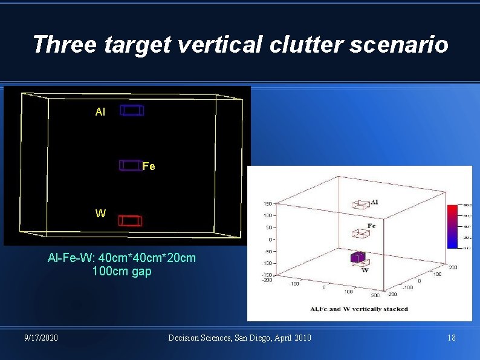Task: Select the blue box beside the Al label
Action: tap(132, 110)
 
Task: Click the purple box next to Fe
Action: tap(130, 165)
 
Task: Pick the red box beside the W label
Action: tap(129, 220)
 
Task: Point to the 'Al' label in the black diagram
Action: tap(100, 112)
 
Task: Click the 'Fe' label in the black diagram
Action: tap(149, 166)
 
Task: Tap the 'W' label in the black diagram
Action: tap(100, 214)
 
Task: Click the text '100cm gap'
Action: tap(122, 272)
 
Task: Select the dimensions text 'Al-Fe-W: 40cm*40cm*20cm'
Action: tap(122, 258)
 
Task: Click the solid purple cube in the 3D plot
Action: tap(358, 257)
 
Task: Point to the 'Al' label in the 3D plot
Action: tap(374, 202)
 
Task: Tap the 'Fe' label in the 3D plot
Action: tap(372, 226)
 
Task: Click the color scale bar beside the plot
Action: tap(453, 226)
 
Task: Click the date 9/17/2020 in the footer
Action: tap(42, 338)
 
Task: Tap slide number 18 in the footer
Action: tap(451, 338)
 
